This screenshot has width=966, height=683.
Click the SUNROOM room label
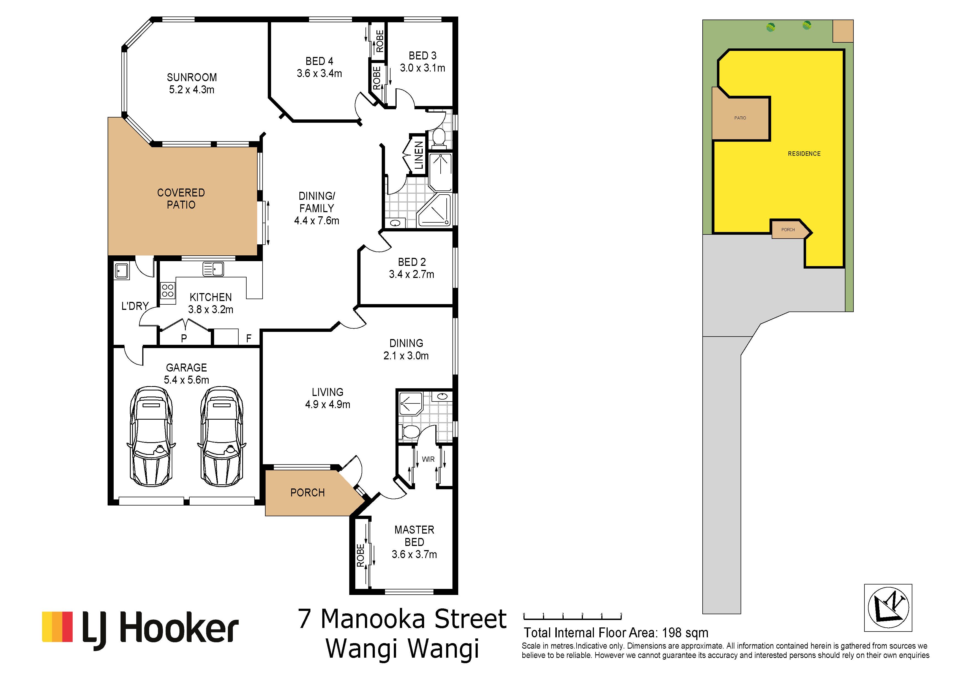click(x=192, y=77)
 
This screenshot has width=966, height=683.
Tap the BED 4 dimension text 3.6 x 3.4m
click(x=319, y=73)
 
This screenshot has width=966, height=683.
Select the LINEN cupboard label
click(x=419, y=155)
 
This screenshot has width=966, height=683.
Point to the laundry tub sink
click(x=122, y=271)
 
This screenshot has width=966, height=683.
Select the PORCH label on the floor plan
click(x=308, y=493)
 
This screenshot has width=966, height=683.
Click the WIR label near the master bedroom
click(x=428, y=459)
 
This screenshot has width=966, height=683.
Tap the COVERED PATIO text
click(x=181, y=198)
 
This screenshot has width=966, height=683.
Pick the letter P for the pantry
click(x=184, y=338)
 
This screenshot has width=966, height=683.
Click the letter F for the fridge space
click(x=249, y=338)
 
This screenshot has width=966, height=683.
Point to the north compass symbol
click(x=888, y=608)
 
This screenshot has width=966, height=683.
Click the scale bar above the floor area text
click(x=573, y=617)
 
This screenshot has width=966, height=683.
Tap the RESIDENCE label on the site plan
click(x=804, y=154)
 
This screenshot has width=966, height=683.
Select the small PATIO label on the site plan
click(x=740, y=118)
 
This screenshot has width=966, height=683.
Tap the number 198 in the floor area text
click(x=672, y=633)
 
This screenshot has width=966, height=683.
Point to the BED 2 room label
click(x=412, y=262)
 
